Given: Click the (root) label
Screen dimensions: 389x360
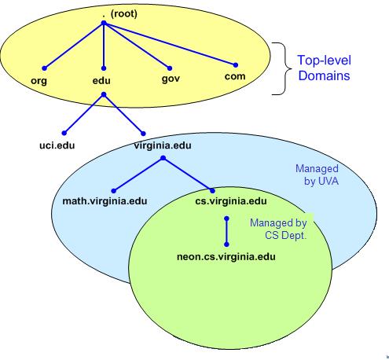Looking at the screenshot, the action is [123, 13].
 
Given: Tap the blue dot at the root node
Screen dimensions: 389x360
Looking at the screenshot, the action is [104, 24].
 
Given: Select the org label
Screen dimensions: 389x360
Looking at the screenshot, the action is [39, 80].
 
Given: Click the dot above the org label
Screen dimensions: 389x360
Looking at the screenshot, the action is [45, 68].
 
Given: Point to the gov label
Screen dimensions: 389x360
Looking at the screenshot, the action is [171, 79].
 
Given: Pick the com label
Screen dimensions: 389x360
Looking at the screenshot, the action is [235, 76].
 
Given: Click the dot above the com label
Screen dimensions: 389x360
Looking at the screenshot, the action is [236, 65].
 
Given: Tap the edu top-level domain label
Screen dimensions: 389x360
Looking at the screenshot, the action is [101, 80].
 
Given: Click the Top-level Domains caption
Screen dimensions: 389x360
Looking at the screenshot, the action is [325, 68].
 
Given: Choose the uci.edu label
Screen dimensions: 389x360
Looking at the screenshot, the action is [57, 145].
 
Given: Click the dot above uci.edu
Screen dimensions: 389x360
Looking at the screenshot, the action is [64, 133].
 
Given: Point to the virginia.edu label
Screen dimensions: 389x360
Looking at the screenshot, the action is [163, 145].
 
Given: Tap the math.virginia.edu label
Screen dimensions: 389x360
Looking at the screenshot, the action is [105, 201].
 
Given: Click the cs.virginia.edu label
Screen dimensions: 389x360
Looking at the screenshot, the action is [231, 201].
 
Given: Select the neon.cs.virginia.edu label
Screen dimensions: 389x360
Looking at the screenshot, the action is [226, 256].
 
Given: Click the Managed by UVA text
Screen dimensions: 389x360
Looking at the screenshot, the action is [317, 174].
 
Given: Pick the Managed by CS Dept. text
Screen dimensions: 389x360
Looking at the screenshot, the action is [278, 229].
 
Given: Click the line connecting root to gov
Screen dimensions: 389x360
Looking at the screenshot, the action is [137, 46].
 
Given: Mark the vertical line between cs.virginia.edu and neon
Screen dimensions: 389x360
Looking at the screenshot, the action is [226, 232].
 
